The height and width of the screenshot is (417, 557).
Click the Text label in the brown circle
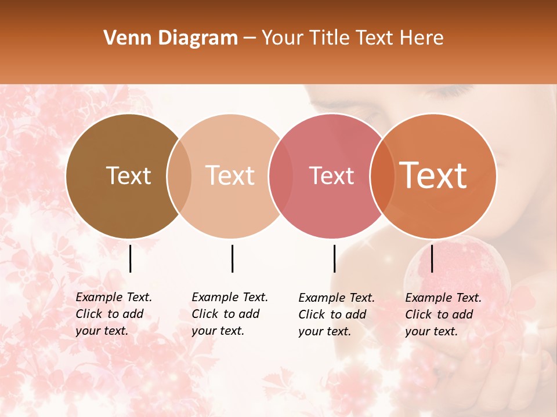click(x=128, y=175)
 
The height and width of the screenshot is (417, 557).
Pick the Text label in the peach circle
click(x=230, y=175)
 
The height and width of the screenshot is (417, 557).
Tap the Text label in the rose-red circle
click(x=331, y=175)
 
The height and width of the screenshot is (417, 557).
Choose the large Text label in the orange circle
click(x=433, y=175)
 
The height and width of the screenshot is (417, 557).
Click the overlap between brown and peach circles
click(x=179, y=175)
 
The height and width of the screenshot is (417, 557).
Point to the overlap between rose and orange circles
click(x=382, y=175)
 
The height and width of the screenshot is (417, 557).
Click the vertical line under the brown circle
click(x=130, y=258)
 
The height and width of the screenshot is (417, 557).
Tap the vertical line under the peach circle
click(x=232, y=258)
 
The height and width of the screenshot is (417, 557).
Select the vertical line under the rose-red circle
click(x=334, y=258)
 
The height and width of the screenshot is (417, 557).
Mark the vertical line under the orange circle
click(x=432, y=258)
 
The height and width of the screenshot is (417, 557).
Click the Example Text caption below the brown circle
click(x=114, y=314)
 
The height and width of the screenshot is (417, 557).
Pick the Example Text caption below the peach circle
click(x=230, y=314)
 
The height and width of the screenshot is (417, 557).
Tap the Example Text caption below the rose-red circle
click(x=337, y=314)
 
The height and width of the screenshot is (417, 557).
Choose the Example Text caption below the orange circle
click(x=443, y=314)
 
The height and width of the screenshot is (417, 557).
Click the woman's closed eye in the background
click(x=446, y=92)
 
